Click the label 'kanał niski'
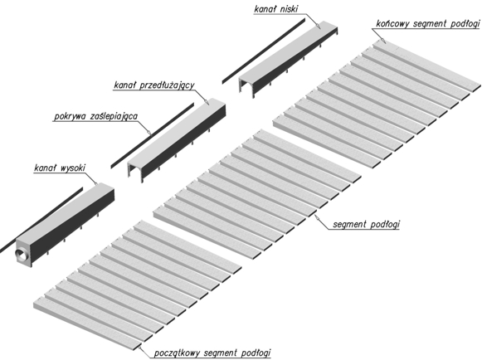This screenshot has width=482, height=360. [x=276, y=9]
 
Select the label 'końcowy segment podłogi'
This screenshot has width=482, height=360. [x=427, y=24]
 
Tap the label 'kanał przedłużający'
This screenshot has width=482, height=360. [x=154, y=85]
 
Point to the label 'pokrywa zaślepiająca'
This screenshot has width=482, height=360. [x=95, y=116]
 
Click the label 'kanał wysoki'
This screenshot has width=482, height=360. [x=60, y=168]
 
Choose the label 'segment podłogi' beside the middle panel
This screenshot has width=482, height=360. [x=366, y=224]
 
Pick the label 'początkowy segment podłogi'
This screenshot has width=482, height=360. [x=212, y=353]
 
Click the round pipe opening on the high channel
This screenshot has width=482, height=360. [x=21, y=255]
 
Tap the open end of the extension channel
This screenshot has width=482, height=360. [x=135, y=172]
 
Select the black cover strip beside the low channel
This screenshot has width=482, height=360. [x=264, y=51]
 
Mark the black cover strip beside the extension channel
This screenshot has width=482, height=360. [x=152, y=135]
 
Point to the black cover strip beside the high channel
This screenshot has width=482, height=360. [x=41, y=220]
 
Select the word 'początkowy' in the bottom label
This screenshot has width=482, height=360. [x=178, y=353]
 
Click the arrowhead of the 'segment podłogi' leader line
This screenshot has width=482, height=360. [x=316, y=216]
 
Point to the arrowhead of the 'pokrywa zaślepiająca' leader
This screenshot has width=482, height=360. [x=149, y=133]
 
